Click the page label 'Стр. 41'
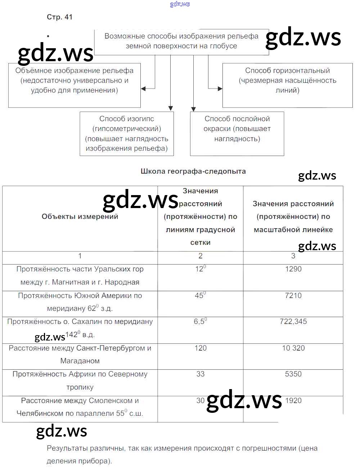tap(59, 17)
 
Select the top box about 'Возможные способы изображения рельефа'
tap(181, 41)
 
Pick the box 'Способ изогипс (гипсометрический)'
tap(127, 134)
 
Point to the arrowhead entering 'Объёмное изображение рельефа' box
tap(143, 89)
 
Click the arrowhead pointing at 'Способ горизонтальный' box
tap(220, 89)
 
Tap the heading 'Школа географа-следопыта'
tap(193, 171)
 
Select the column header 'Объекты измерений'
tap(80, 217)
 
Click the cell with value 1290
tap(293, 269)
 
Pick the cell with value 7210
tap(293, 296)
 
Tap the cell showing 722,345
tap(293, 322)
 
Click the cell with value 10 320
tap(293, 348)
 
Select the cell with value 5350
tap(293, 374)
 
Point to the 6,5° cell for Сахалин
tap(200, 321)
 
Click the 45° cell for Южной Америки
tap(200, 295)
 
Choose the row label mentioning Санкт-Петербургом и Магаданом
tap(80, 355)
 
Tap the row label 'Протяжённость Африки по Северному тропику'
tap(80, 380)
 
